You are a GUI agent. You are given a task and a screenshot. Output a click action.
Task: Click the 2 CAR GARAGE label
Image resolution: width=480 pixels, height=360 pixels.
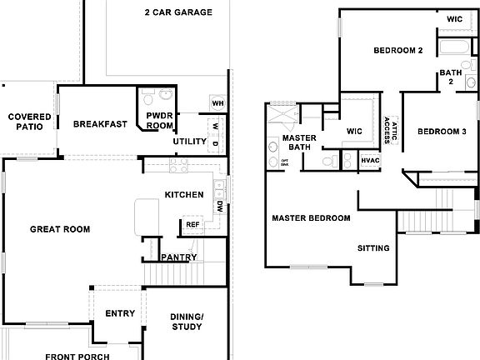(x=177, y=13)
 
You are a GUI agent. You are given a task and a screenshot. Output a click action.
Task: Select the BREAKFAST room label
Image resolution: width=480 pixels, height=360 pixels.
(x=100, y=124)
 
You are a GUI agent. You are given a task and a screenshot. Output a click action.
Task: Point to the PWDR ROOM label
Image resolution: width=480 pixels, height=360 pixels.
(x=159, y=120)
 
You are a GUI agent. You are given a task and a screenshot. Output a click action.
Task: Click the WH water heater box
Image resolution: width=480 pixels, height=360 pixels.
(x=218, y=103)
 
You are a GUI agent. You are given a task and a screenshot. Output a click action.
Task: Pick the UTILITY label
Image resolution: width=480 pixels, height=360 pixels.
(x=189, y=142)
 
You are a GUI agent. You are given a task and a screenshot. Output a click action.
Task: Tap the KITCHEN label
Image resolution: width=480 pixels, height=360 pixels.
(x=184, y=195)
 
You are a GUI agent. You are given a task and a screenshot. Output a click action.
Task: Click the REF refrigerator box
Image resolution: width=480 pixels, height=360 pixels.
(x=192, y=225)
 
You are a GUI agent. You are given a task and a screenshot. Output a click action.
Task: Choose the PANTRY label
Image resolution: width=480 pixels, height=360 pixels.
(x=179, y=257)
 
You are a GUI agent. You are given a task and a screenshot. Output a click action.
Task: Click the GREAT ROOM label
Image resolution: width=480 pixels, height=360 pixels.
(x=60, y=229)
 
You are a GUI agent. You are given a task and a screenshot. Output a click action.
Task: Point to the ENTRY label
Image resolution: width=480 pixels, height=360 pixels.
(x=119, y=314)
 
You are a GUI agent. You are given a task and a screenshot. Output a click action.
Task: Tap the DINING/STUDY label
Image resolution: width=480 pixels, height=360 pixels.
(x=186, y=321)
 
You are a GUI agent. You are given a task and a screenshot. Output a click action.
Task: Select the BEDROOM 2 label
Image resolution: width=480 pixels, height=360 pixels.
(x=398, y=51)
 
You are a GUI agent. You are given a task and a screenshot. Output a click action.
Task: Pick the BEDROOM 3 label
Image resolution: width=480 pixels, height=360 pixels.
(x=442, y=132)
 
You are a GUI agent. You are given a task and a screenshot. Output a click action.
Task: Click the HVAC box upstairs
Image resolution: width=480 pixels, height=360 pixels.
(x=370, y=160)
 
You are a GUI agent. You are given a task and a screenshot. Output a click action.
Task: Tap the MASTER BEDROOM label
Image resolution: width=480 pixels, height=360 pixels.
(x=311, y=218)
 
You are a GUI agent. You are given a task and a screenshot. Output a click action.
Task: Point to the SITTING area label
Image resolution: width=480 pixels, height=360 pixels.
(x=372, y=248)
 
